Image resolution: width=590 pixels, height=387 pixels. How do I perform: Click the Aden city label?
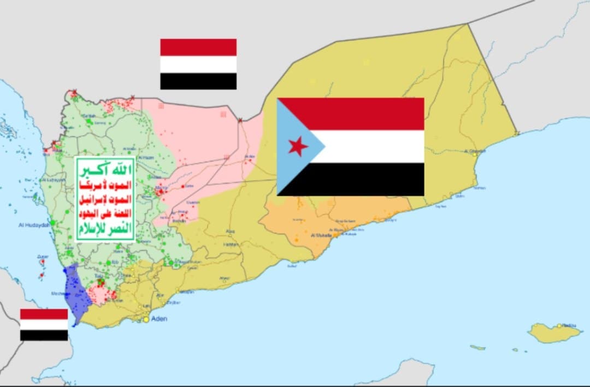tap(158, 318)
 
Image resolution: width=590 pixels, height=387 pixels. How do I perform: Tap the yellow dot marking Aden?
tap(146, 319)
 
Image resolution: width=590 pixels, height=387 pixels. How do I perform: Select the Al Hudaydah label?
tap(34, 224)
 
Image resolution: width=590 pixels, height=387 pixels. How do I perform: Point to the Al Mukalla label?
tap(321, 235)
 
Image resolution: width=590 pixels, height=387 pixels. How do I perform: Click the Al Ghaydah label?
tap(474, 151)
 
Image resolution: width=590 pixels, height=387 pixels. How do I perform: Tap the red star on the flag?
tap(298, 146)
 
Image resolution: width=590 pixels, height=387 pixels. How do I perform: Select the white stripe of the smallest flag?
tap(44, 325)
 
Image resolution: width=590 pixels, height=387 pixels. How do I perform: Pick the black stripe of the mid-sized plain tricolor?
tap(198, 81)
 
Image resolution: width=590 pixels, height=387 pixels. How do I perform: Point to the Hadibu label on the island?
tap(569, 326)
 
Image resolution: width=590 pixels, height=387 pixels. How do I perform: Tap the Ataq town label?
tap(231, 231)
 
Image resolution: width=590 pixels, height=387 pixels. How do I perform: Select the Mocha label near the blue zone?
tap(57, 293)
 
